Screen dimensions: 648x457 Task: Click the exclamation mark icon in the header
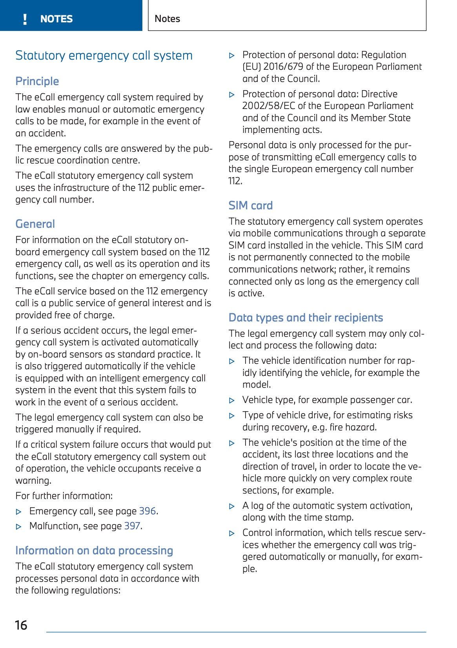[x=25, y=19]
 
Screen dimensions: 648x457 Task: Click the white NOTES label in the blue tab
[x=56, y=19]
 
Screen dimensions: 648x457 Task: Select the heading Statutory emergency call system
[x=104, y=56]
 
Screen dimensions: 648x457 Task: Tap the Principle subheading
[x=37, y=81]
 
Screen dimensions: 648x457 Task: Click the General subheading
[x=35, y=224]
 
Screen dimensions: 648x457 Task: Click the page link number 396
[x=147, y=511]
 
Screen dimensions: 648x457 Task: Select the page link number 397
[x=132, y=526]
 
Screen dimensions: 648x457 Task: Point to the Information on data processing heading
[x=94, y=551]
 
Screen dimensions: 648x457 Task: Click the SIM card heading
[x=251, y=205]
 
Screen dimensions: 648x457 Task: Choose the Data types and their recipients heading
[x=306, y=318]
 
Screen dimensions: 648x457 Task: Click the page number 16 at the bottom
[x=21, y=625]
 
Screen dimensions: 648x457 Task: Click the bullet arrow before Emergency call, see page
[x=18, y=512]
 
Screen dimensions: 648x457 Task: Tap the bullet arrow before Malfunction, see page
[x=18, y=526]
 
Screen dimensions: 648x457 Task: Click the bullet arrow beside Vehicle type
[x=232, y=400]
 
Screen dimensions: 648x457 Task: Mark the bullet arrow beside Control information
[x=232, y=533]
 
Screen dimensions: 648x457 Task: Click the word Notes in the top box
[x=168, y=19]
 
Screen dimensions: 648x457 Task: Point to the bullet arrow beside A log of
[x=232, y=506]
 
